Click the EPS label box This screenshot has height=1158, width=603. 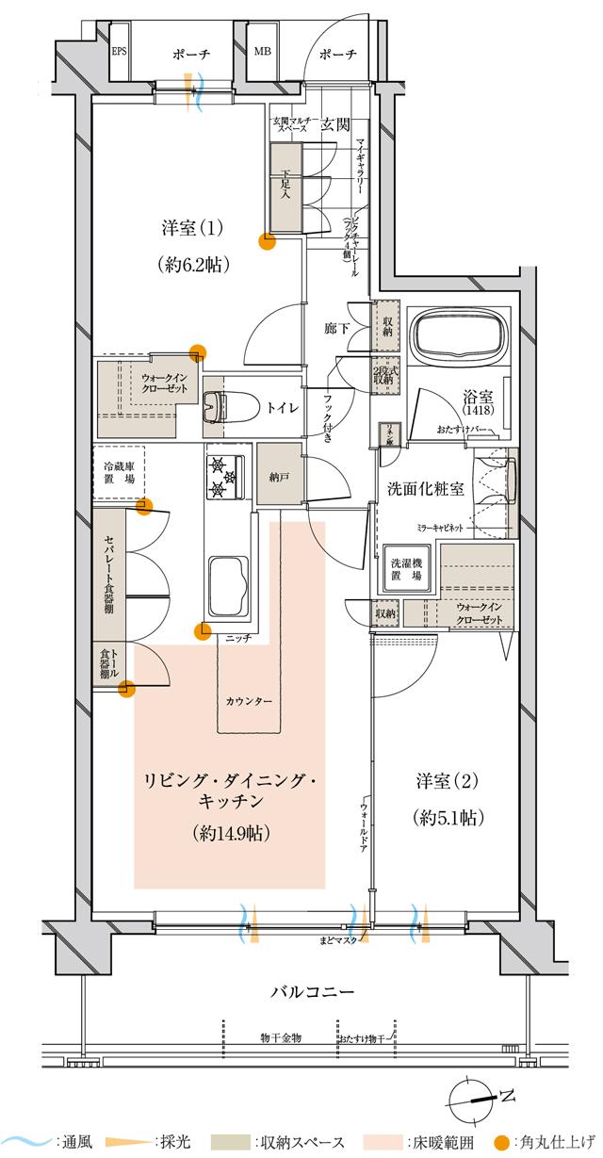coord(120,52)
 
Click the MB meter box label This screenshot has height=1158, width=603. coord(261,52)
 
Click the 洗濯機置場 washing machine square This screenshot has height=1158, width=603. coord(407,568)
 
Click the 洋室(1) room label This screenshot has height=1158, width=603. coord(191,228)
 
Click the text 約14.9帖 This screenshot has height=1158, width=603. coord(230,832)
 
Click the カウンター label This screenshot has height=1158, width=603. coord(250,702)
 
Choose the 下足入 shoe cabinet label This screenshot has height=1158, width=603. coord(286,185)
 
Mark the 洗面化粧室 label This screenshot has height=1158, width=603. coord(424,489)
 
